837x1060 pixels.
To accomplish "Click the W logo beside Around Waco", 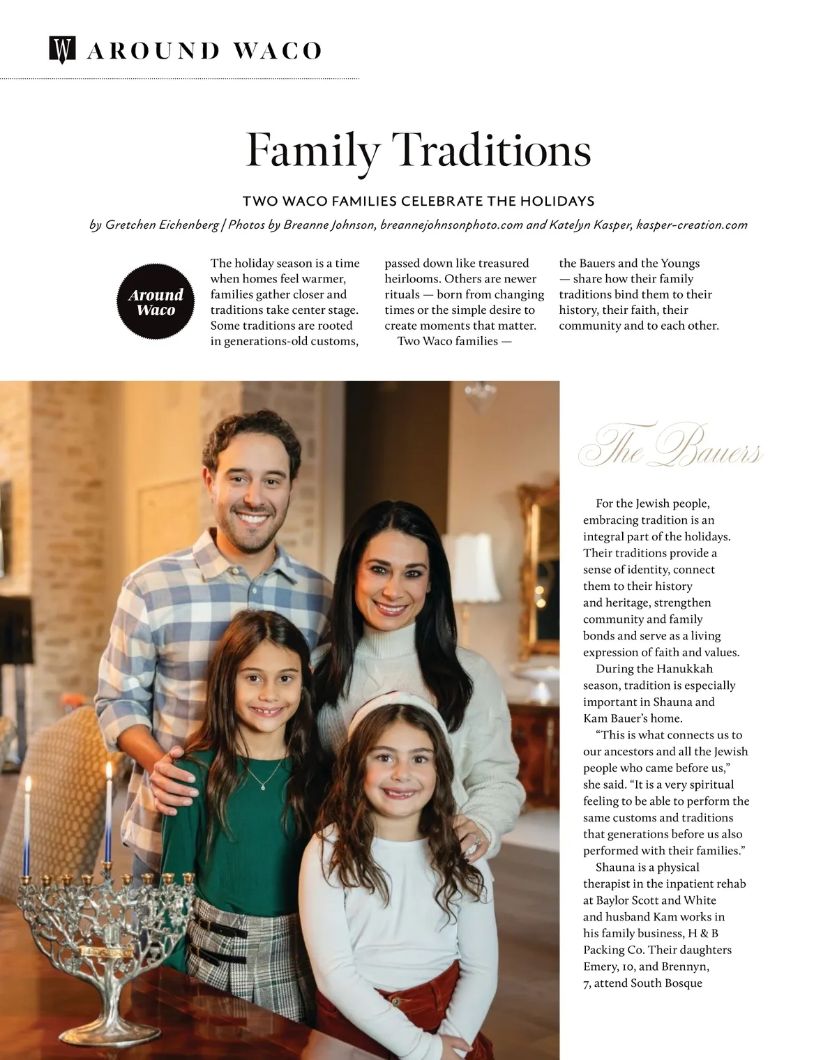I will (x=61, y=50).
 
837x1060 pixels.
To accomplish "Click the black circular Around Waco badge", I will (x=156, y=302).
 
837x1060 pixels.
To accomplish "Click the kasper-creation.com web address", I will (x=692, y=225).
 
